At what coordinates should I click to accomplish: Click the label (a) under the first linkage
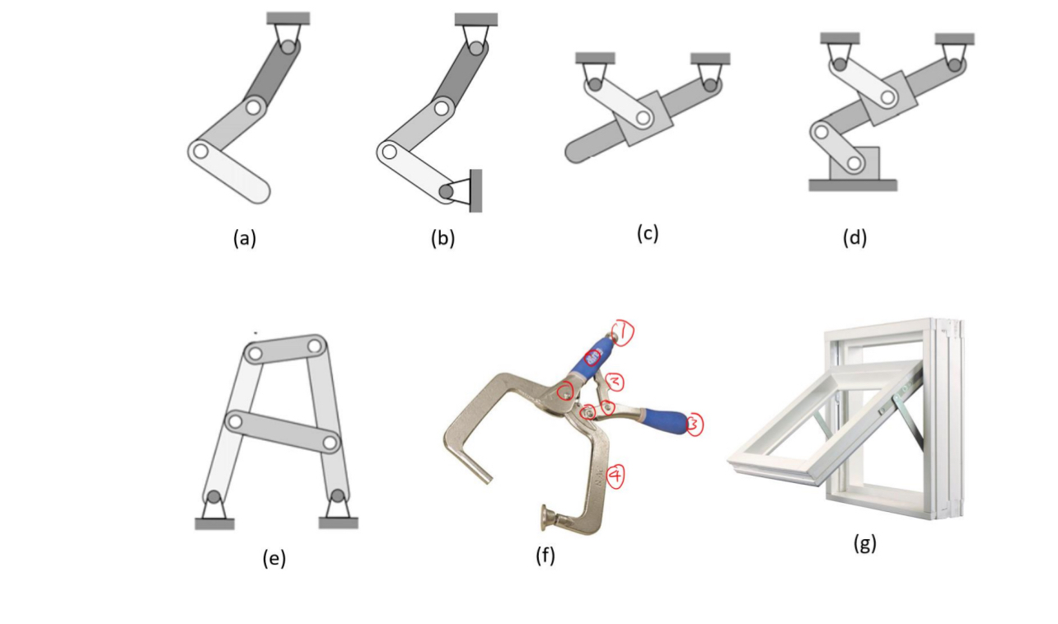[245, 239]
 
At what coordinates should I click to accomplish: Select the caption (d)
[854, 239]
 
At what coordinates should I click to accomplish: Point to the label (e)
[274, 558]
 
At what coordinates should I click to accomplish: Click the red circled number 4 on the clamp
[616, 476]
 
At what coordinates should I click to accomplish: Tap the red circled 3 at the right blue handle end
[694, 425]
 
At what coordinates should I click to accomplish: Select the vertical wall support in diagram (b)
[475, 190]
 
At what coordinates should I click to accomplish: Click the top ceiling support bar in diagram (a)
[288, 18]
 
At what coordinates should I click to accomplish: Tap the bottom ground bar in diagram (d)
[853, 185]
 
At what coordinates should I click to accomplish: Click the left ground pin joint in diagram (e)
[214, 497]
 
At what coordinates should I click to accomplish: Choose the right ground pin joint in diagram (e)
[337, 497]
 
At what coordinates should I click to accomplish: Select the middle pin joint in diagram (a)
[254, 106]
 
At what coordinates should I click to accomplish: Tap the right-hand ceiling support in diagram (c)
[709, 59]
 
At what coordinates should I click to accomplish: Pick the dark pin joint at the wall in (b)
[447, 191]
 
